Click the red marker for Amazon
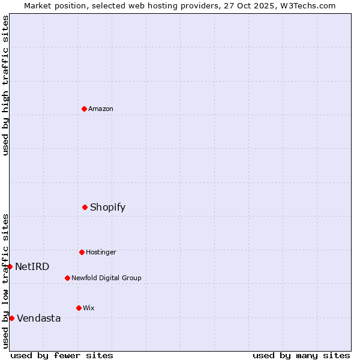[x=84, y=109]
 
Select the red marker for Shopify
[x=85, y=207]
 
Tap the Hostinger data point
[x=82, y=252]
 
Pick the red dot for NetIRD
[x=10, y=266]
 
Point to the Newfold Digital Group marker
[x=67, y=278]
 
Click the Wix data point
[x=79, y=308]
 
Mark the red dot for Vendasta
[x=11, y=318]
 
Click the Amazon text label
[x=101, y=109]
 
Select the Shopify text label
[x=108, y=208]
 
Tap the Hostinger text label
[x=101, y=252]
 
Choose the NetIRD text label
[x=32, y=267]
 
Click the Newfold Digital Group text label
[x=106, y=278]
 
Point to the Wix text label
[x=89, y=308]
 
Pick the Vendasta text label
[x=39, y=319]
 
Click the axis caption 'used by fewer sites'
[x=62, y=355]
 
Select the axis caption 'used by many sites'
[x=301, y=355]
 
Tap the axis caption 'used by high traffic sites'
[x=5, y=85]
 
